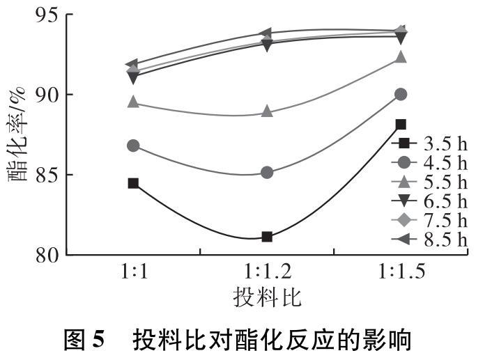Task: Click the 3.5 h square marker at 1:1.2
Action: click(x=267, y=237)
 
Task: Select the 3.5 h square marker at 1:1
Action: click(x=133, y=183)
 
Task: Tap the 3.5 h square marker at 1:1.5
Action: click(x=401, y=125)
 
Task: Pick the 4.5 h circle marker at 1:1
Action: click(x=133, y=146)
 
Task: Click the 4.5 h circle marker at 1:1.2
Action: click(x=267, y=173)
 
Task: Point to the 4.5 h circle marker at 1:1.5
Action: click(x=401, y=94)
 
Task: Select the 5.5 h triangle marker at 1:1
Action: click(x=133, y=103)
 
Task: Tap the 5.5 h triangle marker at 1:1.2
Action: click(x=267, y=112)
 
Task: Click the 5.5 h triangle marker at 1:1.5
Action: click(x=401, y=57)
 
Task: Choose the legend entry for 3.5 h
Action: click(x=430, y=143)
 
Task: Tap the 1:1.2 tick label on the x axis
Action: click(x=267, y=272)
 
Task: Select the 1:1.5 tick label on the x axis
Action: click(x=401, y=272)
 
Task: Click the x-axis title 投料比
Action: click(x=267, y=297)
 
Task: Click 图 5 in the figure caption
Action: click(x=84, y=341)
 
